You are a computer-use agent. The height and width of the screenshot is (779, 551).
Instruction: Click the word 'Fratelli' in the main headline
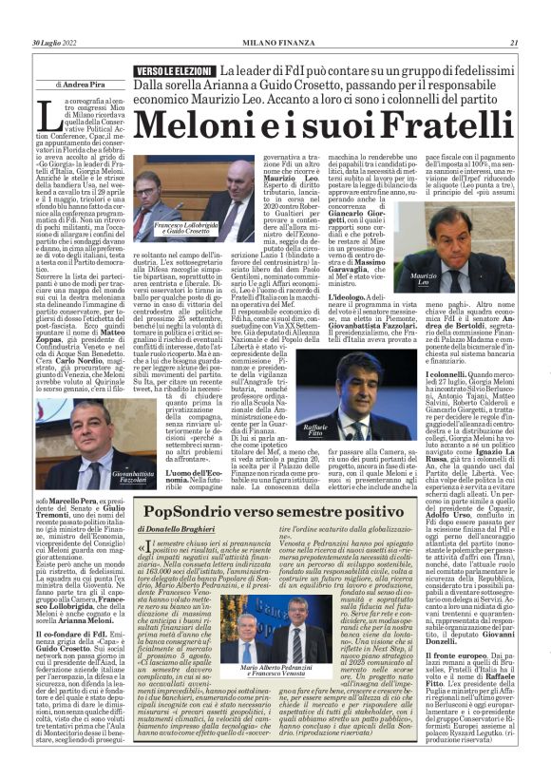point(423,124)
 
